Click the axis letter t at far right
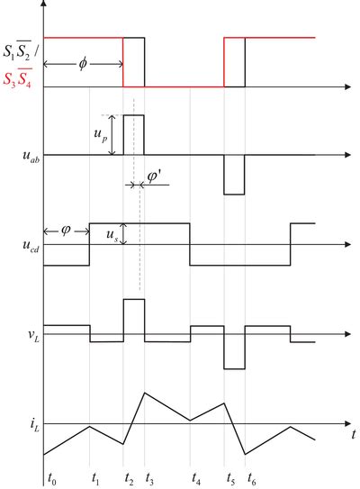pos(354,434)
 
